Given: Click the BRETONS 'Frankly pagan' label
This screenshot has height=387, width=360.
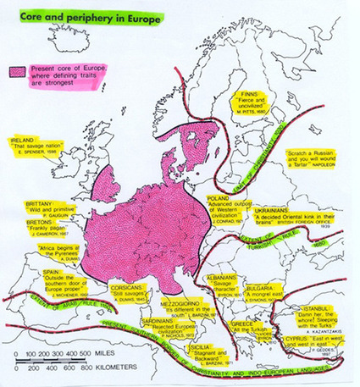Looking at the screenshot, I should pos(48,230).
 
